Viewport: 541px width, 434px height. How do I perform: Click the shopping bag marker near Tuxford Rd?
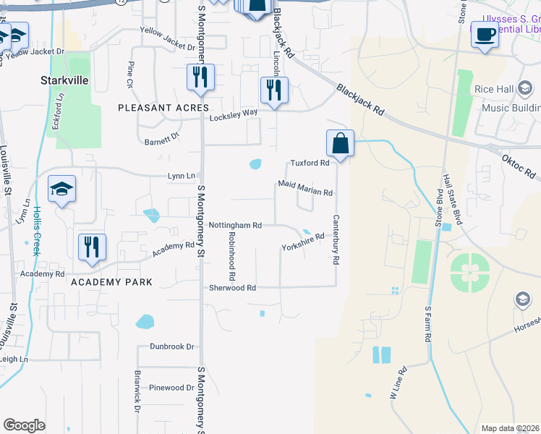click(340, 143)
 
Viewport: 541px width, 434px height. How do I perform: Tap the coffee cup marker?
click(485, 34)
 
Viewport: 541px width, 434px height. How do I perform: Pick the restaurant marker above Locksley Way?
click(274, 90)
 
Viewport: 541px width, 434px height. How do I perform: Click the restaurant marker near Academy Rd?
click(92, 247)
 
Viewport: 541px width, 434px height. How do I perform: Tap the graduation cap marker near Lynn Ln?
click(62, 190)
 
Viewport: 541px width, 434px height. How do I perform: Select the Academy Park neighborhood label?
click(112, 282)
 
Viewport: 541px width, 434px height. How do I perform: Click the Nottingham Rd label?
click(234, 226)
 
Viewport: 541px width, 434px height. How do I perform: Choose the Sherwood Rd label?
click(232, 288)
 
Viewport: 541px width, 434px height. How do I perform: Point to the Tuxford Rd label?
click(310, 163)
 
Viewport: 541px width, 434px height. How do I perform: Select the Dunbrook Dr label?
click(172, 346)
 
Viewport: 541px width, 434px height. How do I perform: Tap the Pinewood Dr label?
click(171, 388)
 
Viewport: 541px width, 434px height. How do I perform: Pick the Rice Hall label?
click(494, 89)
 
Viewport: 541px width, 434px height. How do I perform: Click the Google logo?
click(24, 425)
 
